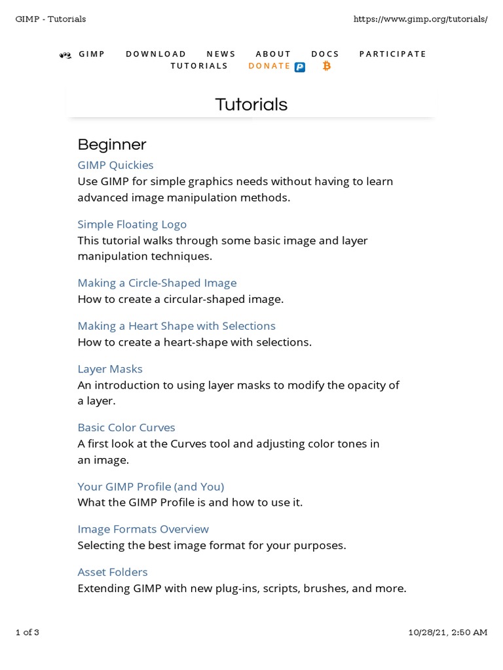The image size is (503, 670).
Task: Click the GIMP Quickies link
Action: click(x=115, y=166)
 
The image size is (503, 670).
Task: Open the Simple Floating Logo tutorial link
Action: click(x=132, y=224)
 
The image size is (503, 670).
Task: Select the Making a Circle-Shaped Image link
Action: click(x=157, y=283)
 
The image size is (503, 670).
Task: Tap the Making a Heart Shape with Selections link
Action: click(x=176, y=326)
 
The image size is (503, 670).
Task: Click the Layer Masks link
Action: click(x=109, y=369)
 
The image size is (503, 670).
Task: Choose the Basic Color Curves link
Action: click(x=126, y=428)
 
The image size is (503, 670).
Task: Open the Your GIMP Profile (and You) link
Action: click(x=151, y=487)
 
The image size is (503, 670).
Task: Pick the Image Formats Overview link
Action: click(x=143, y=529)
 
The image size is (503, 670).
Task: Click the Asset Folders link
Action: click(x=112, y=573)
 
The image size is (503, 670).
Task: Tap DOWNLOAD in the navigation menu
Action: click(x=156, y=54)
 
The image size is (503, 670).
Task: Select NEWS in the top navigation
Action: click(x=221, y=54)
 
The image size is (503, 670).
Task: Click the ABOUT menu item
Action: click(x=273, y=54)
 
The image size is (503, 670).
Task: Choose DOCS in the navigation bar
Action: click(x=325, y=54)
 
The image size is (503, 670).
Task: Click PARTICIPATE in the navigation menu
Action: click(x=392, y=54)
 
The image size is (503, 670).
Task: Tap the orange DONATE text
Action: click(x=269, y=66)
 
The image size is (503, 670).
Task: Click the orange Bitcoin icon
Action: click(x=326, y=66)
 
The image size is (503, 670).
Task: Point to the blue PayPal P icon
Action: click(x=299, y=67)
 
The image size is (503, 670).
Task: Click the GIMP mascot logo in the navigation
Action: click(x=65, y=55)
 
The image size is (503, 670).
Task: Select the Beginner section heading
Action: click(x=111, y=145)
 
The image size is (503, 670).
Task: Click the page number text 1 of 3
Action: click(x=28, y=632)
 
